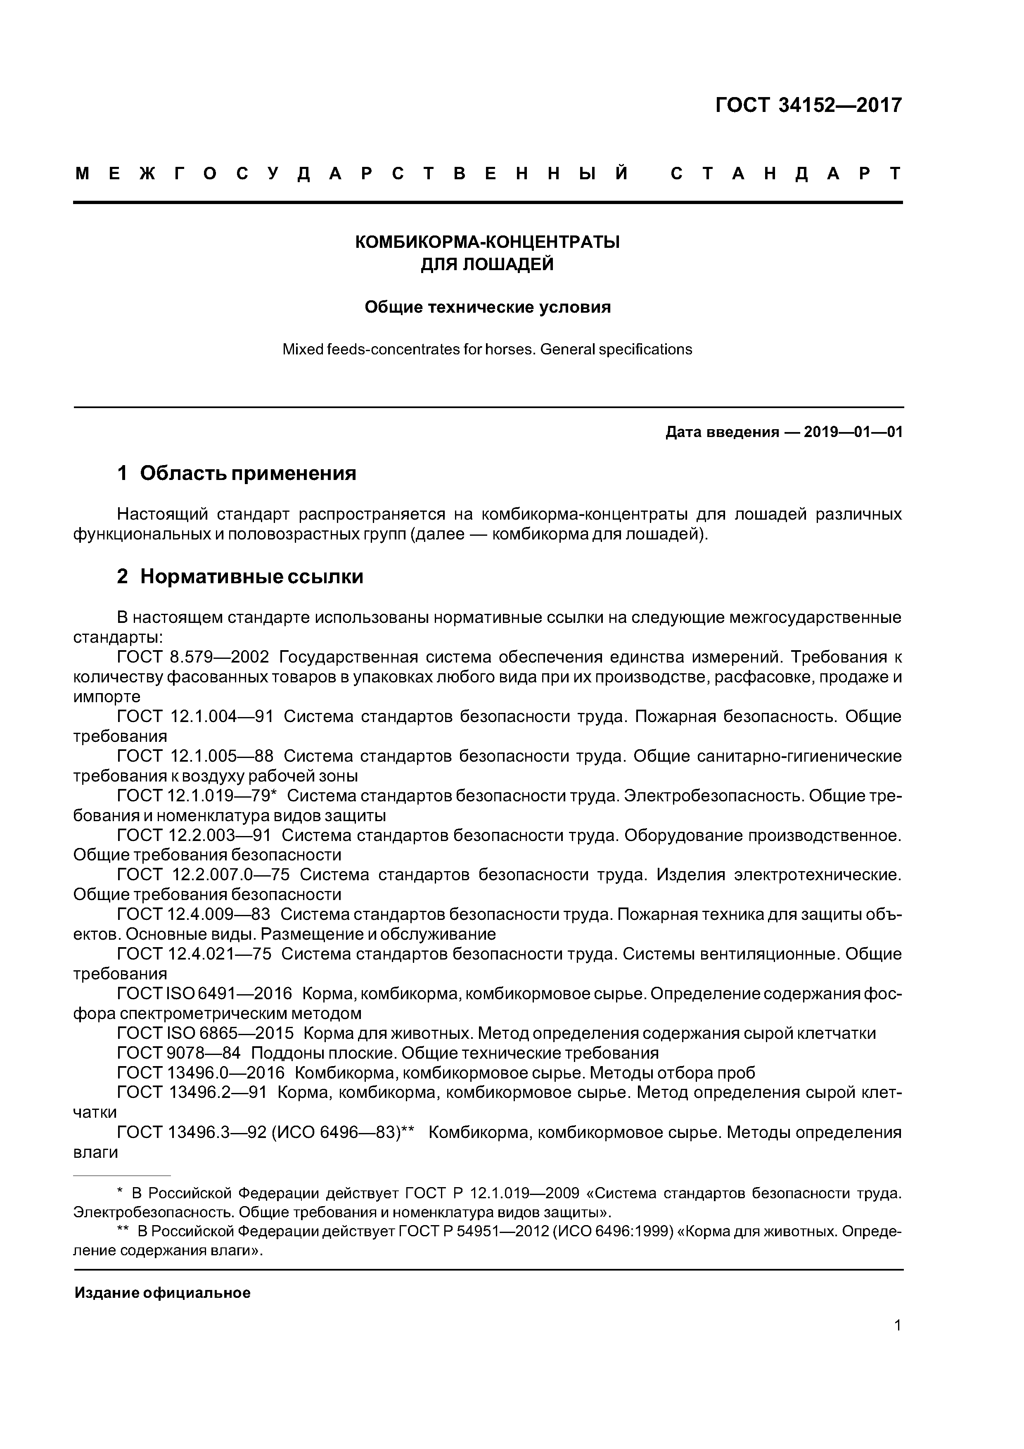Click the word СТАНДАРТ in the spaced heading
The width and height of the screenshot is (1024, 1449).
pyautogui.click(x=785, y=173)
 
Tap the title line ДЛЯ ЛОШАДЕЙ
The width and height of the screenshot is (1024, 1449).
pyautogui.click(x=487, y=264)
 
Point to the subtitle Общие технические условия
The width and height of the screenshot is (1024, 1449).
pyautogui.click(x=487, y=307)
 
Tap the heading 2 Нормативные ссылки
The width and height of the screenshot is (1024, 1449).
pyautogui.click(x=240, y=576)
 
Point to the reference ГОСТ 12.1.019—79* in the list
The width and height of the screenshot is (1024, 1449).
pyautogui.click(x=197, y=796)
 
